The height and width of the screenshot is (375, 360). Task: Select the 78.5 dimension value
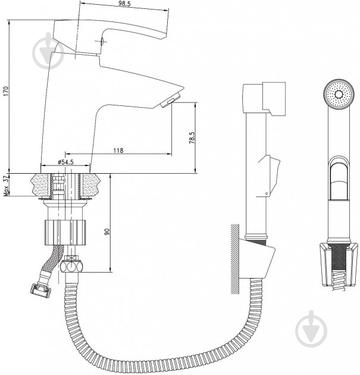point(192,138)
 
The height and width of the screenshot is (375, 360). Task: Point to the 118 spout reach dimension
point(118,151)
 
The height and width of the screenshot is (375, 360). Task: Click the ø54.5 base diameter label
point(65,162)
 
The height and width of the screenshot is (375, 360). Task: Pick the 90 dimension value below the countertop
point(107,232)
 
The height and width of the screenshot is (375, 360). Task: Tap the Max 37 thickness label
point(6,186)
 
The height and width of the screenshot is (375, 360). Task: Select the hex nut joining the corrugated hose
point(72,267)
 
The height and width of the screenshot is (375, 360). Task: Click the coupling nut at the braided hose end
point(40,288)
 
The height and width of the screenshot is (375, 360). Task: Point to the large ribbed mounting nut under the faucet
point(65,233)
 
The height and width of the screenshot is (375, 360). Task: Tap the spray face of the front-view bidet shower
point(339,95)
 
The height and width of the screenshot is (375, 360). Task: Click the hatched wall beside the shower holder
point(235,259)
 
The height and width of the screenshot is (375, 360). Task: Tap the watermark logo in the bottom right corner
point(311,329)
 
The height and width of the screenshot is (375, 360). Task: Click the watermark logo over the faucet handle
point(48,51)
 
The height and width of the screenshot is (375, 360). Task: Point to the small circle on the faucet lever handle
point(101,42)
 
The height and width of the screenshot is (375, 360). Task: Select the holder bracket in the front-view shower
point(339,264)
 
